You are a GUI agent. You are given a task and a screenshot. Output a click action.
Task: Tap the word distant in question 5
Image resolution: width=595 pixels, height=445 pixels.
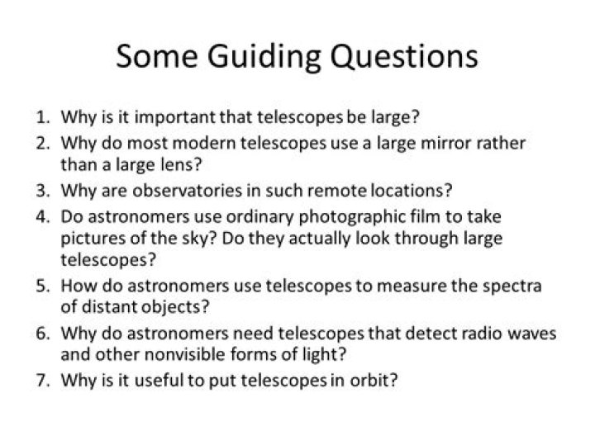pyautogui.click(x=105, y=306)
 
